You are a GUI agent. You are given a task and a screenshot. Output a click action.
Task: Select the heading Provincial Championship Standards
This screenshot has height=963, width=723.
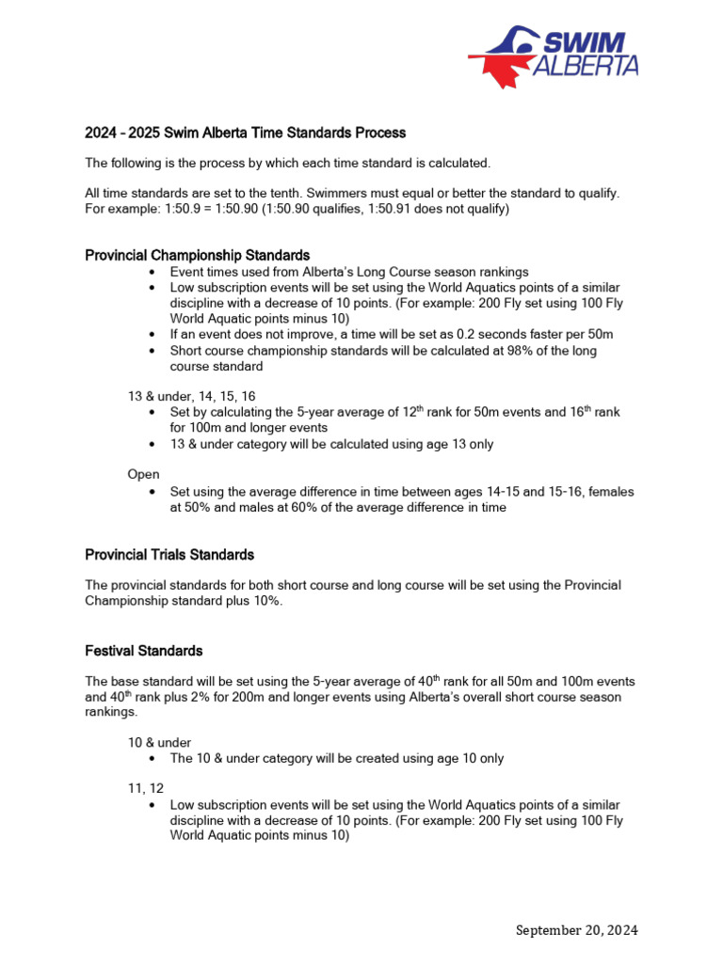[x=197, y=255]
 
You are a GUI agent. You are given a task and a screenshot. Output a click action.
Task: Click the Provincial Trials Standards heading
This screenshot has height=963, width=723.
[x=169, y=554]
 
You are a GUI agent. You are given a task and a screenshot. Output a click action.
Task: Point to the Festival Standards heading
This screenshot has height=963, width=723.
[x=143, y=651]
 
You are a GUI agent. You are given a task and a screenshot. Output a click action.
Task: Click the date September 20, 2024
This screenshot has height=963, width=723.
[x=577, y=930]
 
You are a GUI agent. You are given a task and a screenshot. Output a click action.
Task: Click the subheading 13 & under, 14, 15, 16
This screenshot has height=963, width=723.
[x=190, y=397]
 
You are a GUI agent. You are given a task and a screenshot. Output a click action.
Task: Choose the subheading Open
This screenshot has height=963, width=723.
[x=143, y=475]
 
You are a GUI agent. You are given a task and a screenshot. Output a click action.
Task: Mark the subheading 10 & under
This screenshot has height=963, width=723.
[x=159, y=742]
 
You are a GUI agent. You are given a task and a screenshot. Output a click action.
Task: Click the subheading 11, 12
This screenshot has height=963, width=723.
[x=146, y=790]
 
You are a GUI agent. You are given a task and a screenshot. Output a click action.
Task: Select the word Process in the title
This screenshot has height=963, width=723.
[x=380, y=133]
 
